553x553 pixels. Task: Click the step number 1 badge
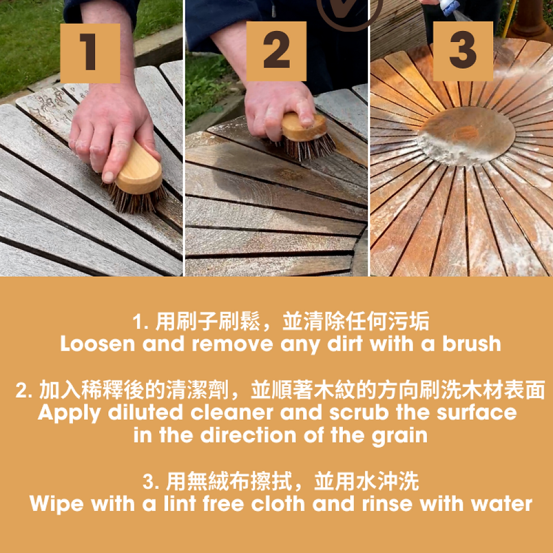pyautogui.click(x=90, y=53)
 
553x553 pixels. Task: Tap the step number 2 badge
pyautogui.click(x=276, y=51)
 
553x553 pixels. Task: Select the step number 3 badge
pyautogui.click(x=463, y=51)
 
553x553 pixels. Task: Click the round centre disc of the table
pyautogui.click(x=466, y=136)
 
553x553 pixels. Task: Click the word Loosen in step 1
pyautogui.click(x=98, y=344)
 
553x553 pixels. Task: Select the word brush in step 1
pyautogui.click(x=472, y=344)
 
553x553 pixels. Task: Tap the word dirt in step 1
pyautogui.click(x=345, y=344)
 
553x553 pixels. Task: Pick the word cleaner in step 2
pyautogui.click(x=231, y=412)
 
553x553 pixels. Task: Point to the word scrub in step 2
pyautogui.click(x=359, y=412)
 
